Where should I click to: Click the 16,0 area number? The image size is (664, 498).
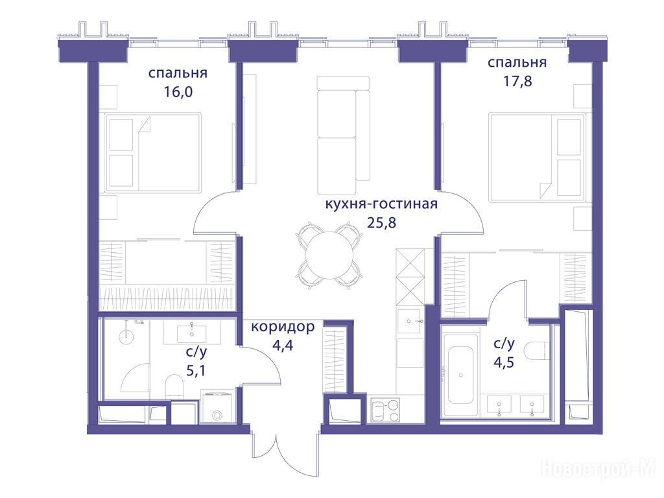pyautogui.click(x=178, y=91)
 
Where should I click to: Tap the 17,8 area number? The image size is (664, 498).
pyautogui.click(x=517, y=80)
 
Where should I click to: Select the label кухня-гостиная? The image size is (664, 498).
pyautogui.click(x=381, y=204)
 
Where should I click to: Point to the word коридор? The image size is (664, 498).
pyautogui.click(x=283, y=327)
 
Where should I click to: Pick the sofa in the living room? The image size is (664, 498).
pyautogui.click(x=343, y=135)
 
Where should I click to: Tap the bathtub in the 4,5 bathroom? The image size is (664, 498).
pyautogui.click(x=461, y=375)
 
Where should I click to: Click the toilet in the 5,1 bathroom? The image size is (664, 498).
pyautogui.click(x=174, y=385)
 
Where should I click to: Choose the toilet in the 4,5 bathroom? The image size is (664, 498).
pyautogui.click(x=536, y=351)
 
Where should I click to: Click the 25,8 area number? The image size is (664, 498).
pyautogui.click(x=381, y=222)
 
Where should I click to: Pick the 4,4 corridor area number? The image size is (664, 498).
pyautogui.click(x=283, y=346)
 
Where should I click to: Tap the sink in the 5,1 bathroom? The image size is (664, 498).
pyautogui.click(x=192, y=333)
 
